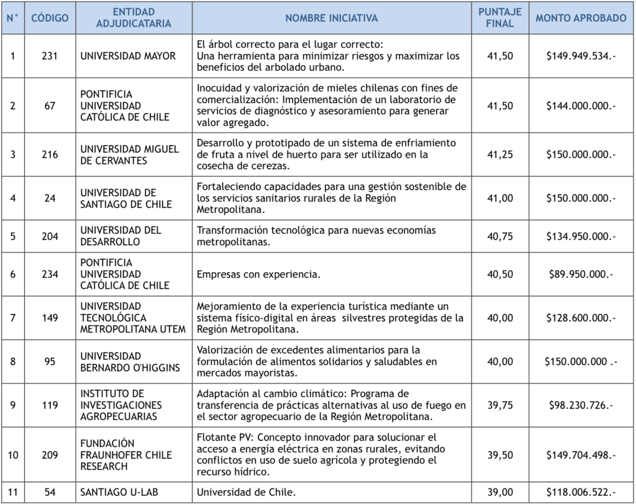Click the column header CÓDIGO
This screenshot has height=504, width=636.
[50, 18]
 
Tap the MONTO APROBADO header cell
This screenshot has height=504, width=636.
[581, 18]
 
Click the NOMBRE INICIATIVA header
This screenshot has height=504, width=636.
[331, 18]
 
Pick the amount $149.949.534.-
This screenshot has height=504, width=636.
[581, 56]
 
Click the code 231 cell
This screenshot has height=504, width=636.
[50, 56]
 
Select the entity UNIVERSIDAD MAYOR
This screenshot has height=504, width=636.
[128, 56]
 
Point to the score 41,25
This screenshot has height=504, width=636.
[500, 155]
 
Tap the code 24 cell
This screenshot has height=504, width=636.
[50, 198]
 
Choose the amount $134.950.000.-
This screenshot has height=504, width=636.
[581, 236]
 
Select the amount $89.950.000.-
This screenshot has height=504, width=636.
[581, 274]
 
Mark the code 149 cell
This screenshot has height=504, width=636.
[50, 318]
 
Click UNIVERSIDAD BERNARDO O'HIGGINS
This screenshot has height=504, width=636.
[130, 362]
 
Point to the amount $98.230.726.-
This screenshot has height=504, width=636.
[581, 405]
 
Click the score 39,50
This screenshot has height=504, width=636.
[500, 454]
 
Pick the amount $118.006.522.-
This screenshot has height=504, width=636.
[581, 492]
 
